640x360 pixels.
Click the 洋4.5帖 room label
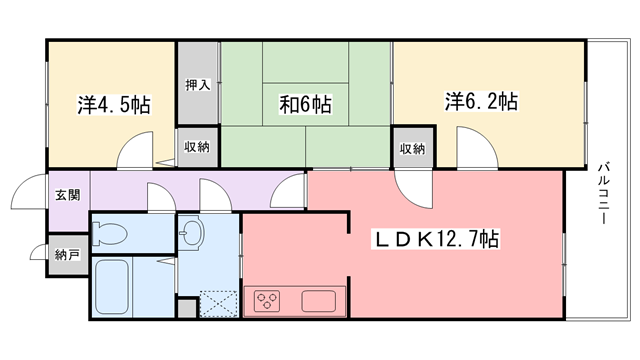point(114,105)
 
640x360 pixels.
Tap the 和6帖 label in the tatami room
point(305,104)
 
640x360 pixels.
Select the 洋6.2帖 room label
point(481,102)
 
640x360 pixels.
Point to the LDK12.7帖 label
point(436,239)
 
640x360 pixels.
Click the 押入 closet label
point(198,85)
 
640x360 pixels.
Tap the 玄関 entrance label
point(68,195)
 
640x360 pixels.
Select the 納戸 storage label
point(67,256)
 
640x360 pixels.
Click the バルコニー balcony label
point(604,193)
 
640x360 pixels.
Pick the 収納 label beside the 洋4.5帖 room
point(197,147)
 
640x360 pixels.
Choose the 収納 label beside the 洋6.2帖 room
point(412,149)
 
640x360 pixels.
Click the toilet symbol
point(109,234)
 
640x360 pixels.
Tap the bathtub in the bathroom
point(112,287)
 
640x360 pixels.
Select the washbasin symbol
point(192,233)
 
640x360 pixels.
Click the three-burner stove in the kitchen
point(267,301)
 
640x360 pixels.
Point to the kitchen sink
point(318,301)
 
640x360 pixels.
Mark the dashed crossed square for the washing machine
point(219,304)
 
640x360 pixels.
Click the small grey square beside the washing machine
point(187,308)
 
